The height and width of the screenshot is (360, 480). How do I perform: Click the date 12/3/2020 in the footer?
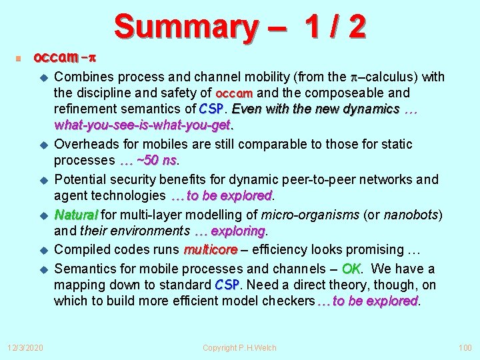pyautogui.click(x=26, y=347)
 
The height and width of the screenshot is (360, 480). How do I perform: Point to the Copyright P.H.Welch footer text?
pyautogui.click(x=239, y=347)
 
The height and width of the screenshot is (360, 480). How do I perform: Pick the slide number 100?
pyautogui.click(x=464, y=347)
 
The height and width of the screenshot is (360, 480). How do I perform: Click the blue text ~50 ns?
pyautogui.click(x=156, y=161)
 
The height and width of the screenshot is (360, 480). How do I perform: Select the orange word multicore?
pyautogui.click(x=211, y=250)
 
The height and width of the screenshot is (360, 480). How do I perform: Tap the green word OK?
pyautogui.click(x=351, y=269)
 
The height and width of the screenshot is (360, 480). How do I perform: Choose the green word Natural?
pyautogui.click(x=77, y=215)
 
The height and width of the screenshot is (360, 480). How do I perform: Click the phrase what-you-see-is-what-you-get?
pyautogui.click(x=142, y=125)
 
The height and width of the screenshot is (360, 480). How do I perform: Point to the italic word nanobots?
pyautogui.click(x=413, y=215)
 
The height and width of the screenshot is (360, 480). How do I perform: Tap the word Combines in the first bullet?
pyautogui.click(x=83, y=77)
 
